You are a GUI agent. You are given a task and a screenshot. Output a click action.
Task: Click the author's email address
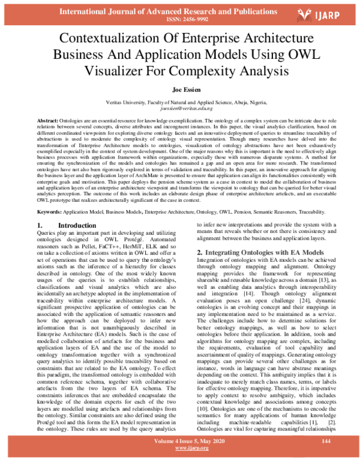coord(180,109)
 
